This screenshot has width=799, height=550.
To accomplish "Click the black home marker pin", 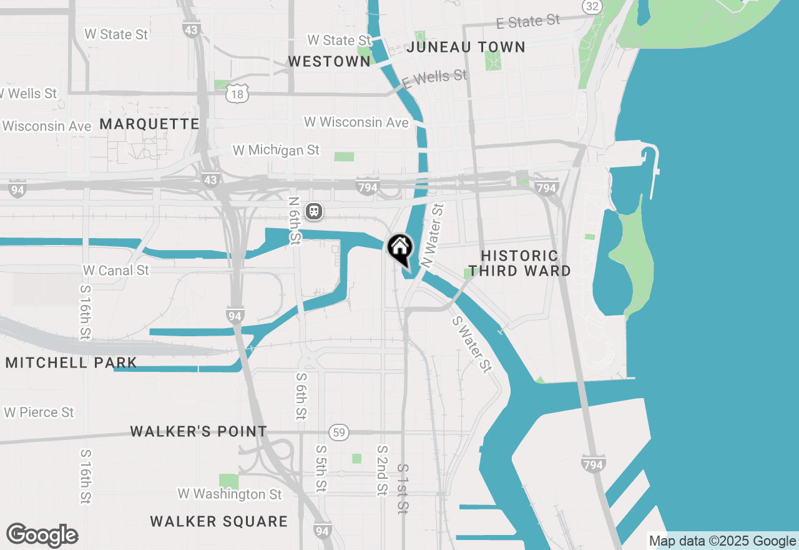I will coord(399,249).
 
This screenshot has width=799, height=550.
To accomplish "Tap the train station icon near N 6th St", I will coord(314,212).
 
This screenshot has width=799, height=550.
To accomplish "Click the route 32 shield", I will coord(592,6).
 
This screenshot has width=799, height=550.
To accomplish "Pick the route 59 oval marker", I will coord(339,432).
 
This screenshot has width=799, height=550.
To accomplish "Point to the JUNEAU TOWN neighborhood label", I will coord(466,47).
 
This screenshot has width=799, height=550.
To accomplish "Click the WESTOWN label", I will coord(329,61).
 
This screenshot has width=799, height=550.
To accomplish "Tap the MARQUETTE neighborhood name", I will coord(149,124).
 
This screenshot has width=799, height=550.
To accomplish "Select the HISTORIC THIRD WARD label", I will coord(520,263).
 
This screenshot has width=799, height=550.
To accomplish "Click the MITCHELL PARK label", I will coord(71,362).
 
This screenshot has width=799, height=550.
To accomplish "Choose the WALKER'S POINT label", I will coord(199,431).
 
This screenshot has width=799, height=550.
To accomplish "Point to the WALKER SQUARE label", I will coord(219,521).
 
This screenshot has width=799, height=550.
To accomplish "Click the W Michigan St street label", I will coord(276,150).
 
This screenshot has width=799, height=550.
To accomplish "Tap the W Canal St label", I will coord(116,270).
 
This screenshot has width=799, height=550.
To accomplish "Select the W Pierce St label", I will coord(39,412).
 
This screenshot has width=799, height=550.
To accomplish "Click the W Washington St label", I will coord(230,494).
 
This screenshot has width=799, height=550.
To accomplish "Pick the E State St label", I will coord(528,22).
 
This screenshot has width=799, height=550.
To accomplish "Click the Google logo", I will coord(42,535).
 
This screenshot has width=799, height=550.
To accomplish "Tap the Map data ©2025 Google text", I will coord(722,541).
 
